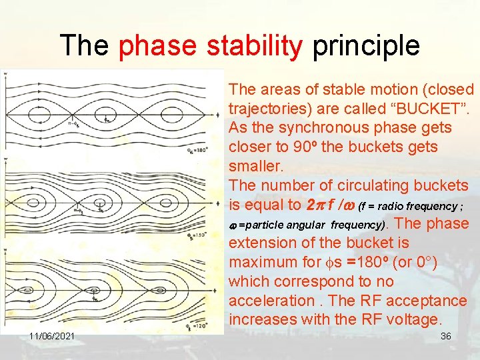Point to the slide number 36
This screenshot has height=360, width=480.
[446, 336]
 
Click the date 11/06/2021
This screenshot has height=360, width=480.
[51, 336]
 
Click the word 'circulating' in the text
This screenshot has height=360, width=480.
[369, 185]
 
